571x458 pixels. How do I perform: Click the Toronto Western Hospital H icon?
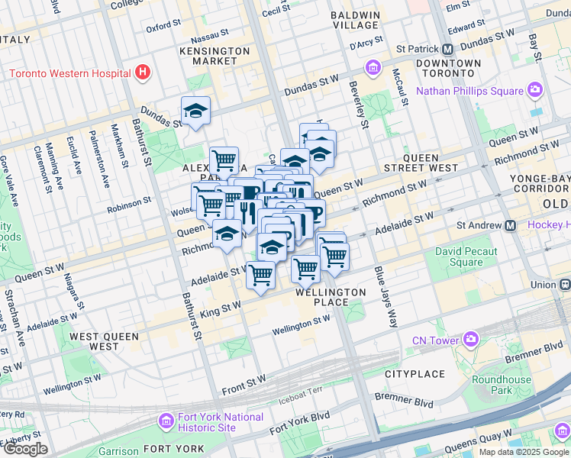(141, 73)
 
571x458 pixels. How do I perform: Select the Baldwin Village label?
(355, 20)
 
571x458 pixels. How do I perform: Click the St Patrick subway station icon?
(448, 48)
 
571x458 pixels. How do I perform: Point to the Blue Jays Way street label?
(386, 298)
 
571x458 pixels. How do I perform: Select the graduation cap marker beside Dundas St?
(195, 112)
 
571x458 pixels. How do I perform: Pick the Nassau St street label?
(210, 35)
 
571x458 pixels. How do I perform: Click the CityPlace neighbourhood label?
(415, 374)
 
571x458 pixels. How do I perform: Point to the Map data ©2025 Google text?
(524, 452)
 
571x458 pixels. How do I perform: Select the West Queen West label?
(104, 341)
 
